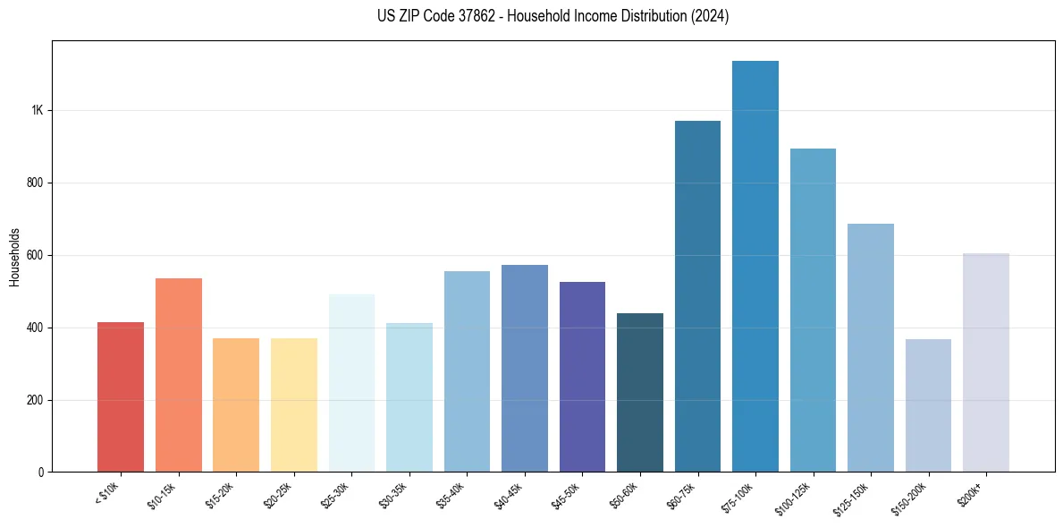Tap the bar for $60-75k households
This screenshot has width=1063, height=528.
pos(697,296)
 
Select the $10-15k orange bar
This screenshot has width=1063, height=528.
pos(179,375)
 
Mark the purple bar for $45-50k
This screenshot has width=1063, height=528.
pos(582,377)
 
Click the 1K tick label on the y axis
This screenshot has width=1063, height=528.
pos(37,111)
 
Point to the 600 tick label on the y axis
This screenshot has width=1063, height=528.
pos(35,255)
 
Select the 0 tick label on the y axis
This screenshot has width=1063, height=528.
pos(41,472)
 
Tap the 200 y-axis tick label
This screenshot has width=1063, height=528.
pos(35,400)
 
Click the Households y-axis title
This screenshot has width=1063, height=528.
pos(14,257)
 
